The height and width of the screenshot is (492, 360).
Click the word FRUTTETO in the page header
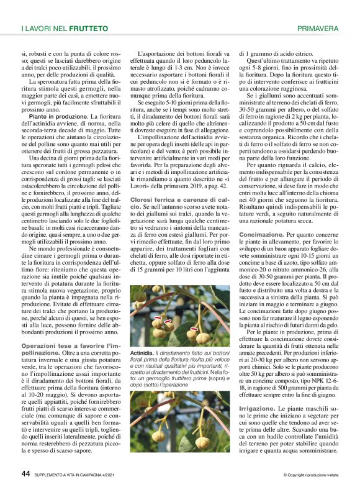tap(88, 29)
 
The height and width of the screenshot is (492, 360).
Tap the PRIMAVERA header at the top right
tap(318, 29)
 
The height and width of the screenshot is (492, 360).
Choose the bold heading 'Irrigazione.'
tap(258, 408)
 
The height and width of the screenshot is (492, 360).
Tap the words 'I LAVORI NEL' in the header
tap(44, 29)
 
